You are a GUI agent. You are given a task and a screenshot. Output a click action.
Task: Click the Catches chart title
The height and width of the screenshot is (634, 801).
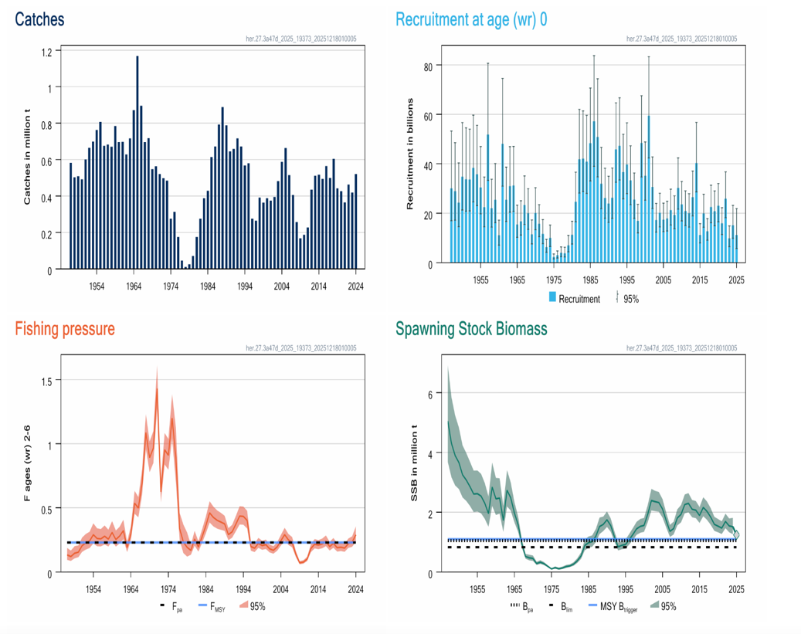[x=39, y=19]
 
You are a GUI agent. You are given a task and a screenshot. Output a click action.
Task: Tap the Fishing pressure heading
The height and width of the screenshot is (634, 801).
[x=65, y=328]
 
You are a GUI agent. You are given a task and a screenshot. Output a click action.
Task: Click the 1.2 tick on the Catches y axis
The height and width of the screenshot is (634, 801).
[x=46, y=52]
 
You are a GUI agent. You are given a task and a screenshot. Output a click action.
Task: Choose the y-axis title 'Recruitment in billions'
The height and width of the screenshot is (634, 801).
[x=411, y=154]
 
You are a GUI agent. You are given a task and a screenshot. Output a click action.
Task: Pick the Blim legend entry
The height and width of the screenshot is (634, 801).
[x=562, y=607]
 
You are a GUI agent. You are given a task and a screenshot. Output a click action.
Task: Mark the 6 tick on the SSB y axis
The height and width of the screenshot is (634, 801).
[x=429, y=393]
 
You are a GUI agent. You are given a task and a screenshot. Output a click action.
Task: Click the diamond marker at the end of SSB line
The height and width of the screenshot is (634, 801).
[x=737, y=535]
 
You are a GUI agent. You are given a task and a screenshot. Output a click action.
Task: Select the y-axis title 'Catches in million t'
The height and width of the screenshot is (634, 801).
[x=27, y=160]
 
